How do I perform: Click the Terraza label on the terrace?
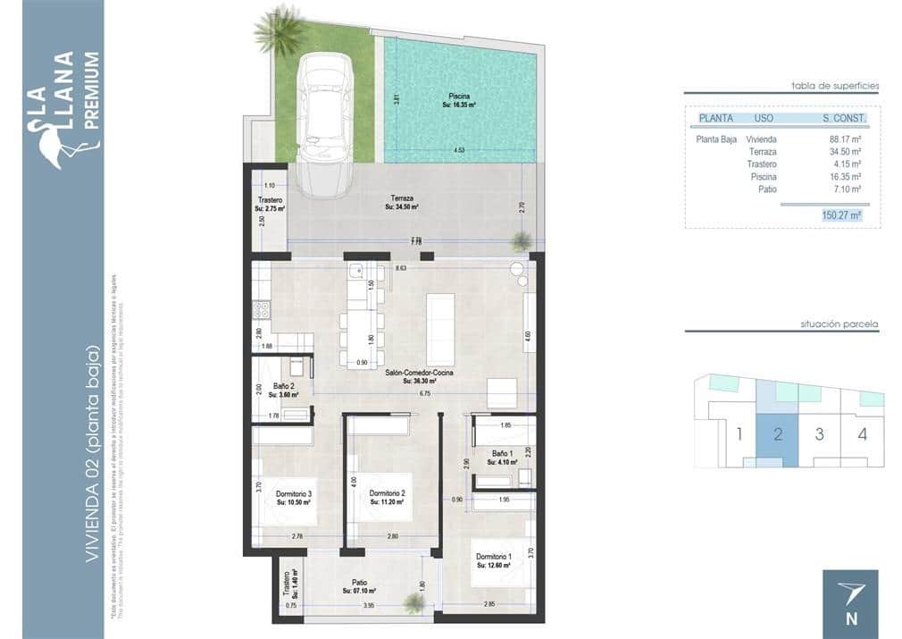tap(401, 198)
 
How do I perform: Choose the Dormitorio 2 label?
tap(388, 494)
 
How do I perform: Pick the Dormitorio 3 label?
tap(293, 494)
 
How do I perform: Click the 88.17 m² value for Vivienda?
tap(844, 139)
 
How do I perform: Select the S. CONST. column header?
tap(844, 118)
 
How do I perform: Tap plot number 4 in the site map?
tap(861, 435)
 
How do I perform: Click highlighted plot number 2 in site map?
tap(778, 435)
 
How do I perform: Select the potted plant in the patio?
tap(413, 603)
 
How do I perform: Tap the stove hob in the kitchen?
tap(263, 310)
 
